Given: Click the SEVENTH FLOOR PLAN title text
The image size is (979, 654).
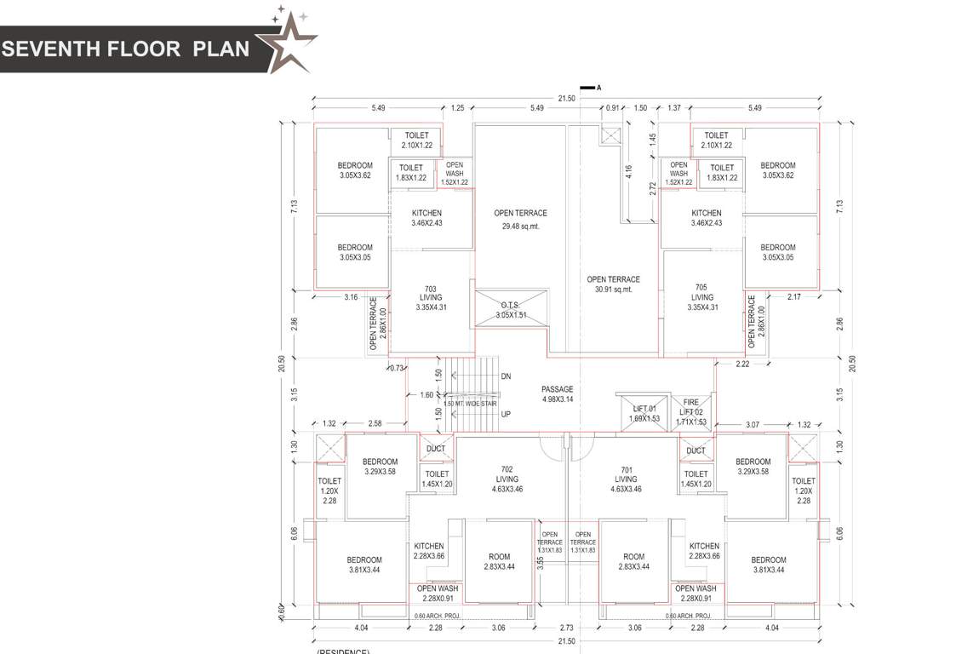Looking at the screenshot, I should point(126,49).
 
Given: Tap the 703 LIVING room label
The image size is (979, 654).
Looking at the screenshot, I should point(431,298).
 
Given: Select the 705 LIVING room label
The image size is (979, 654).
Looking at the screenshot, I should point(701,298).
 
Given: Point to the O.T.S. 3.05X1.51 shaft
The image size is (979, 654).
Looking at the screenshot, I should point(512,309).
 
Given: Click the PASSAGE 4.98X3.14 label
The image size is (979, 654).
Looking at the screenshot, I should point(558,394).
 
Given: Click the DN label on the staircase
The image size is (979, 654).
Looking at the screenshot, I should point(506,376).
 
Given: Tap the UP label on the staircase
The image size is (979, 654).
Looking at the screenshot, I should point(506,414).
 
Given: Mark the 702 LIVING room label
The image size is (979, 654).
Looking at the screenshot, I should point(507,479).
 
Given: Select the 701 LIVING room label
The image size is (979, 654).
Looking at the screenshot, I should point(626,479).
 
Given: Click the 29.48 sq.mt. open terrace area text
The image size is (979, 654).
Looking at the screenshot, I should point(520,227).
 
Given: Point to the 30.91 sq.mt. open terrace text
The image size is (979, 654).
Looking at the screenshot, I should point(613,290).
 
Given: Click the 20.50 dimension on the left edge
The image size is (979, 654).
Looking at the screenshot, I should point(282,364).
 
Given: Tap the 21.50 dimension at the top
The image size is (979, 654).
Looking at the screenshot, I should point(566,99).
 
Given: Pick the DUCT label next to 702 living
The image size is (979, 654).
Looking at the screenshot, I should point(436,449).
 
